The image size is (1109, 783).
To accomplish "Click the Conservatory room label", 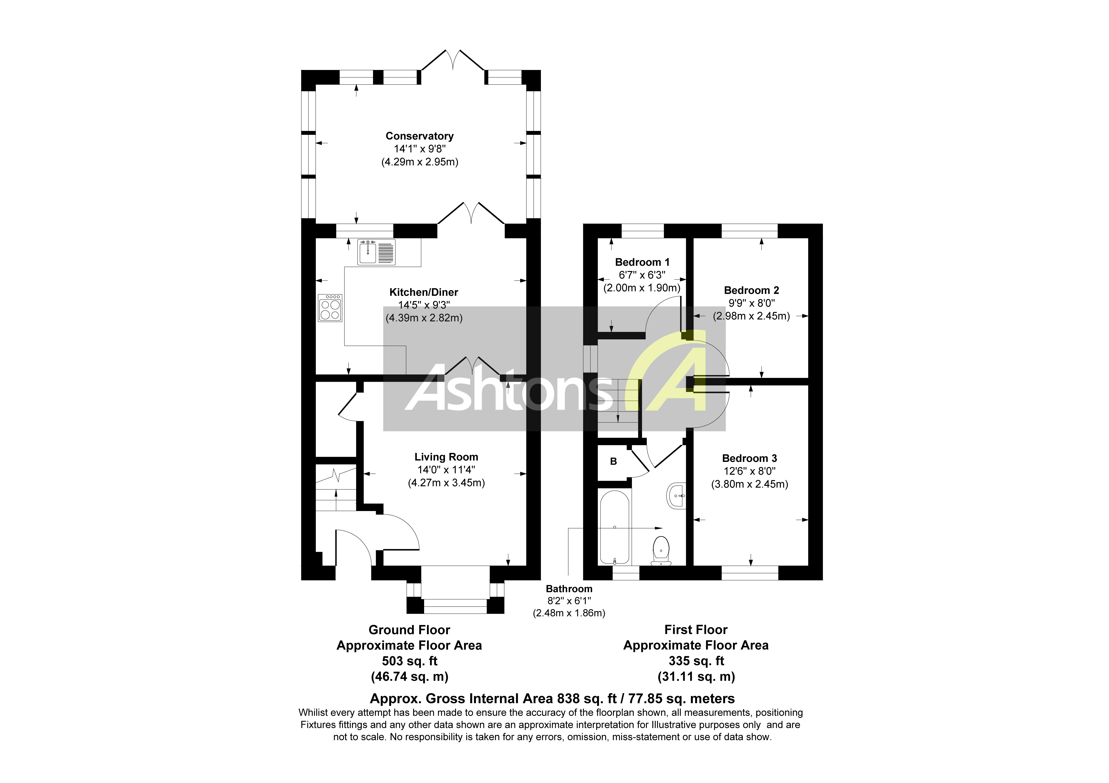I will pos(419,136).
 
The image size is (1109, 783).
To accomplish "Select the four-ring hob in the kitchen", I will pos(330,308).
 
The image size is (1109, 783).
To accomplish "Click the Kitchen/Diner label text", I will pos(424,292).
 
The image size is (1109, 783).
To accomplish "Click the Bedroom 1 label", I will pos(642,262).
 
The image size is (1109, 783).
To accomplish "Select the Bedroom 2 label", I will pos(751,290).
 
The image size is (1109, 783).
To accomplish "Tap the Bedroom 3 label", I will pos(749,458).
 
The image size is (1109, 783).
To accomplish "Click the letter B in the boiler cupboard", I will pos(613,461).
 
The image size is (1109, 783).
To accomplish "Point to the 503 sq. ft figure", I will pos(409,661).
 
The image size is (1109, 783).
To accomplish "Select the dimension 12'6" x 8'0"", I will pos(749,471).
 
